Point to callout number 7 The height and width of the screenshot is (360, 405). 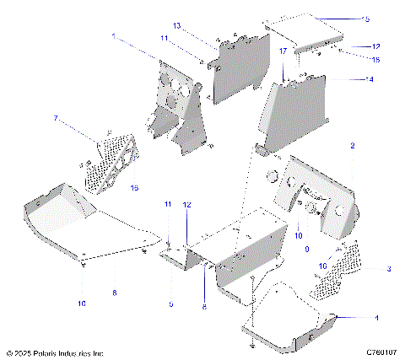point(57,119)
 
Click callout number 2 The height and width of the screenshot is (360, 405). point(353,146)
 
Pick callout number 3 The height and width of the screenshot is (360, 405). point(389,268)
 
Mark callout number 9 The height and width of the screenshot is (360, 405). point(305,249)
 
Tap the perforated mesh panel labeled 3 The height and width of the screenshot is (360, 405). point(342,270)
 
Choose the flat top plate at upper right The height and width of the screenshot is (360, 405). point(304,34)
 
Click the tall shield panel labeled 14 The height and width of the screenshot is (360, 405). point(296,110)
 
